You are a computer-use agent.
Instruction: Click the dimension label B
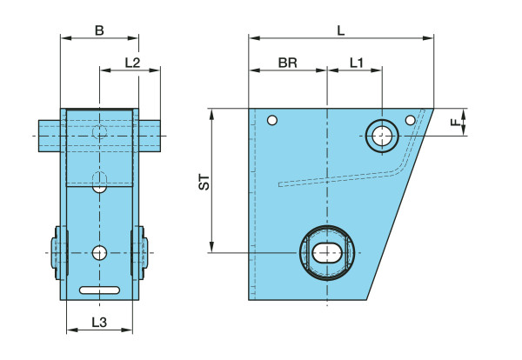click(99, 30)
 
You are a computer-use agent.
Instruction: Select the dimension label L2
click(132, 63)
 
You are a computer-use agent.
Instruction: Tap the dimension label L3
click(99, 323)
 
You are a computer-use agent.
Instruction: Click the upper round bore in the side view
click(382, 136)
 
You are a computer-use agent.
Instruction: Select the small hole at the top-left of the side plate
click(272, 120)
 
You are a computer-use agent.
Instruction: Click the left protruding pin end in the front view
click(49, 135)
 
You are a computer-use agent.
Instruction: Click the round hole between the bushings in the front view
click(100, 253)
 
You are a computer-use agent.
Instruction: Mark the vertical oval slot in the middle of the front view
click(100, 182)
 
